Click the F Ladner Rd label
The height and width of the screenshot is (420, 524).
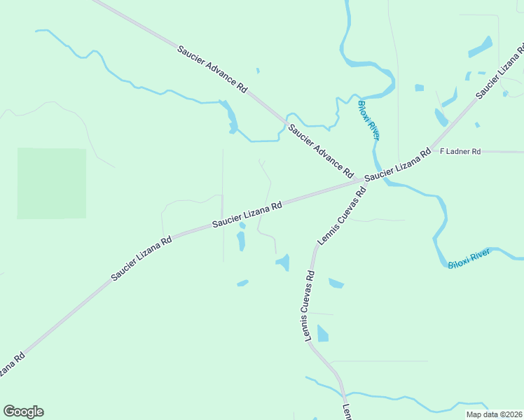[x=460, y=151]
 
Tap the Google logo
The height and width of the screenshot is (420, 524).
[x=23, y=412]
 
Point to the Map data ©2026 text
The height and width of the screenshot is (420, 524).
[x=493, y=414]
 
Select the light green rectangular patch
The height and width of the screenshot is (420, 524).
[x=52, y=183]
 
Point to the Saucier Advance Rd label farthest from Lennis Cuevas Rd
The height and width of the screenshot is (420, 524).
[x=212, y=70]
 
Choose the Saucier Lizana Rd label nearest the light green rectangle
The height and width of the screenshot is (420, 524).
[x=142, y=259]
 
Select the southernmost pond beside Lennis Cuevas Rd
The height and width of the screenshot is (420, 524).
[x=322, y=333]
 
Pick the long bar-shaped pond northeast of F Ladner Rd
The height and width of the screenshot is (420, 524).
[x=480, y=47]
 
